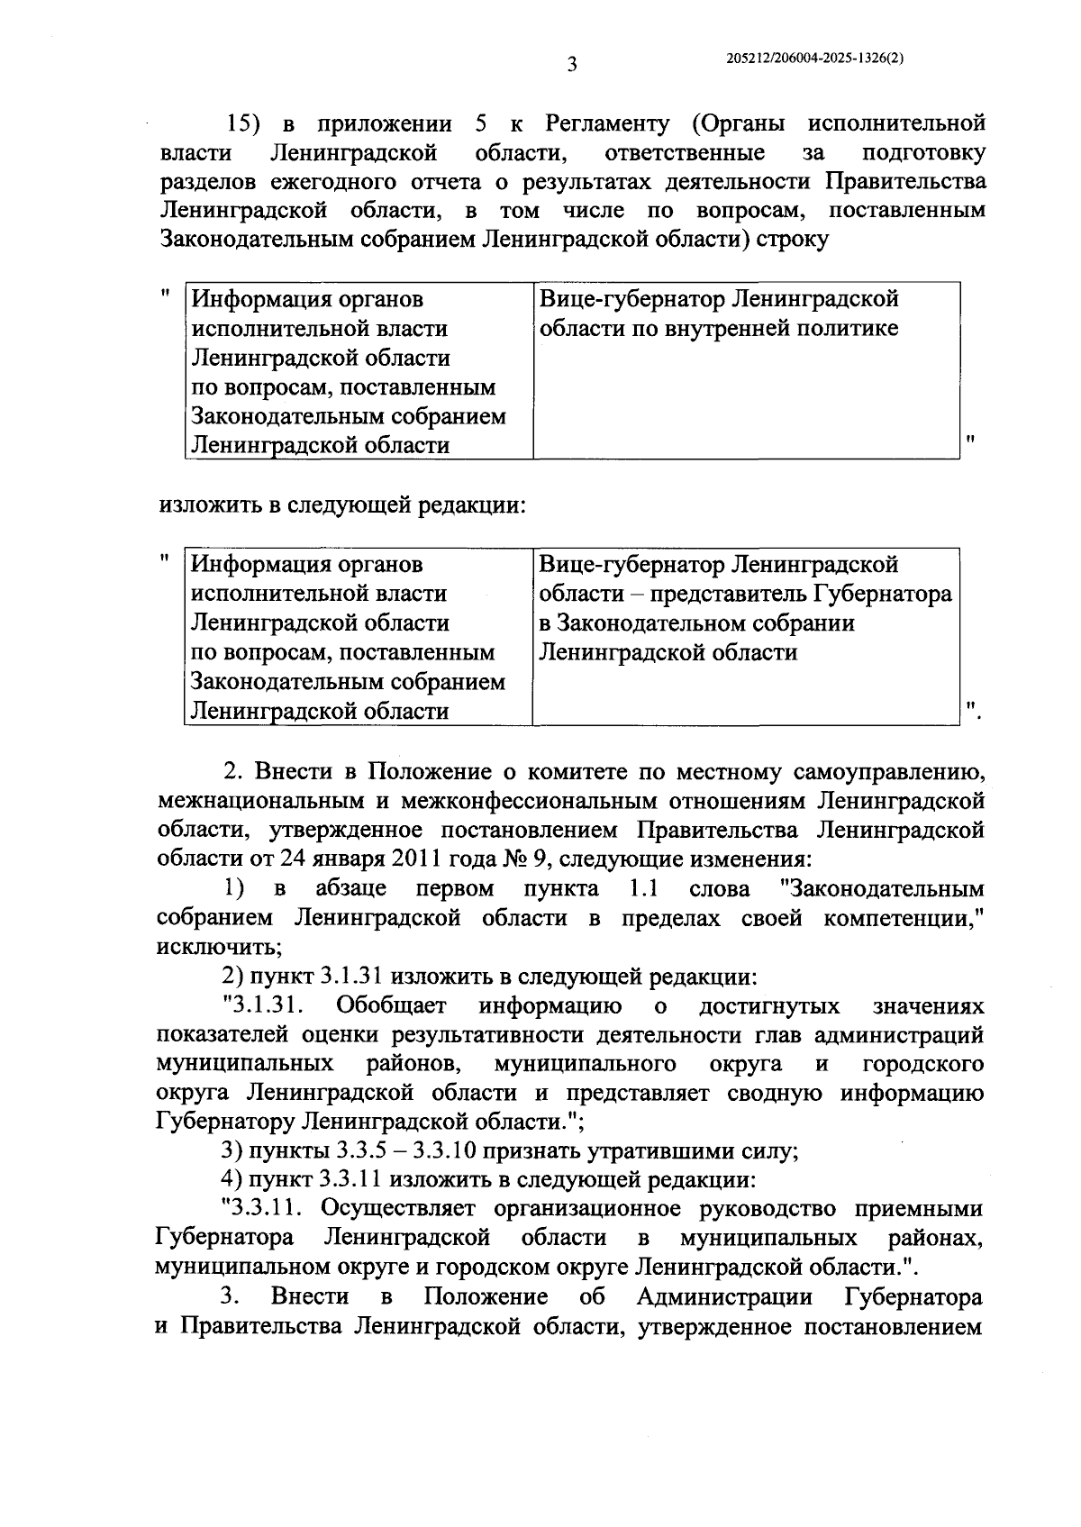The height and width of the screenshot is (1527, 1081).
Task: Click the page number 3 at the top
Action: pos(570,64)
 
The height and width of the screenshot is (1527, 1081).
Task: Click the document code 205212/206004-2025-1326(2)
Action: pos(814,57)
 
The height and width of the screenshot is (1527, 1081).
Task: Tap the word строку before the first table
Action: pos(793,241)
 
